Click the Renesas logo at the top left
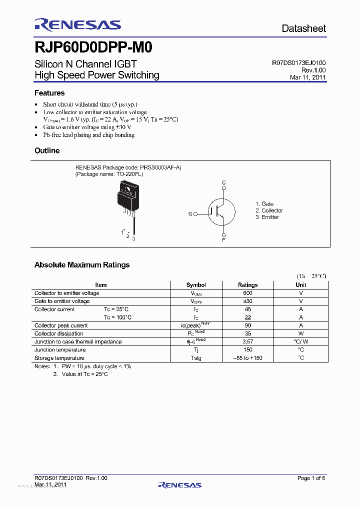[x=77, y=25]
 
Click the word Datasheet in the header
[x=303, y=28]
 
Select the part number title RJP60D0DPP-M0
[x=93, y=47]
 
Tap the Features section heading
[x=49, y=93]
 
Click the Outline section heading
[x=47, y=150]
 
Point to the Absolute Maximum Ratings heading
[x=82, y=265]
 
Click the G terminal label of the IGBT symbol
[x=190, y=214]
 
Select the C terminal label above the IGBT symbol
[x=224, y=182]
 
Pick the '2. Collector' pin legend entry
[x=269, y=210]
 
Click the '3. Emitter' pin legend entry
[x=267, y=217]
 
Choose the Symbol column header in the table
[x=196, y=285]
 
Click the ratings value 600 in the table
[x=248, y=293]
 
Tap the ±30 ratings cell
[x=248, y=301]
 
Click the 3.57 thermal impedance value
[x=248, y=342]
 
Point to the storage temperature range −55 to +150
[x=248, y=358]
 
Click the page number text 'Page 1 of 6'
[x=311, y=478]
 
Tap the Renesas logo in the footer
[x=179, y=484]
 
